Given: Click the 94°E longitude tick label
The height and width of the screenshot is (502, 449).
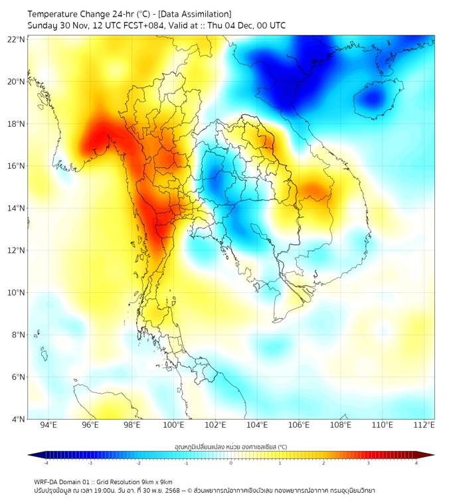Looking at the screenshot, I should click(x=48, y=425).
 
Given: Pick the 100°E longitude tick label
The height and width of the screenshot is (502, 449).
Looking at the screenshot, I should click(x=174, y=425).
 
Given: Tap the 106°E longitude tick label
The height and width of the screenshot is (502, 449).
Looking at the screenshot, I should click(x=299, y=425).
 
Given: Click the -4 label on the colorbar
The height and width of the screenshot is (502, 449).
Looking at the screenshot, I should click(x=46, y=463).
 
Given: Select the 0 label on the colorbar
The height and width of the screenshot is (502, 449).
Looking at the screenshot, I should click(x=231, y=463).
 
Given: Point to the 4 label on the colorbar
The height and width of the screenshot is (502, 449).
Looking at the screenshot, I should click(x=416, y=463).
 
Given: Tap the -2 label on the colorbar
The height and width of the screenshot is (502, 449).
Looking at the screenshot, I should click(x=138, y=463).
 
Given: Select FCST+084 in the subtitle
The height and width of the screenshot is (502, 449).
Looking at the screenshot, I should click(x=138, y=25).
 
